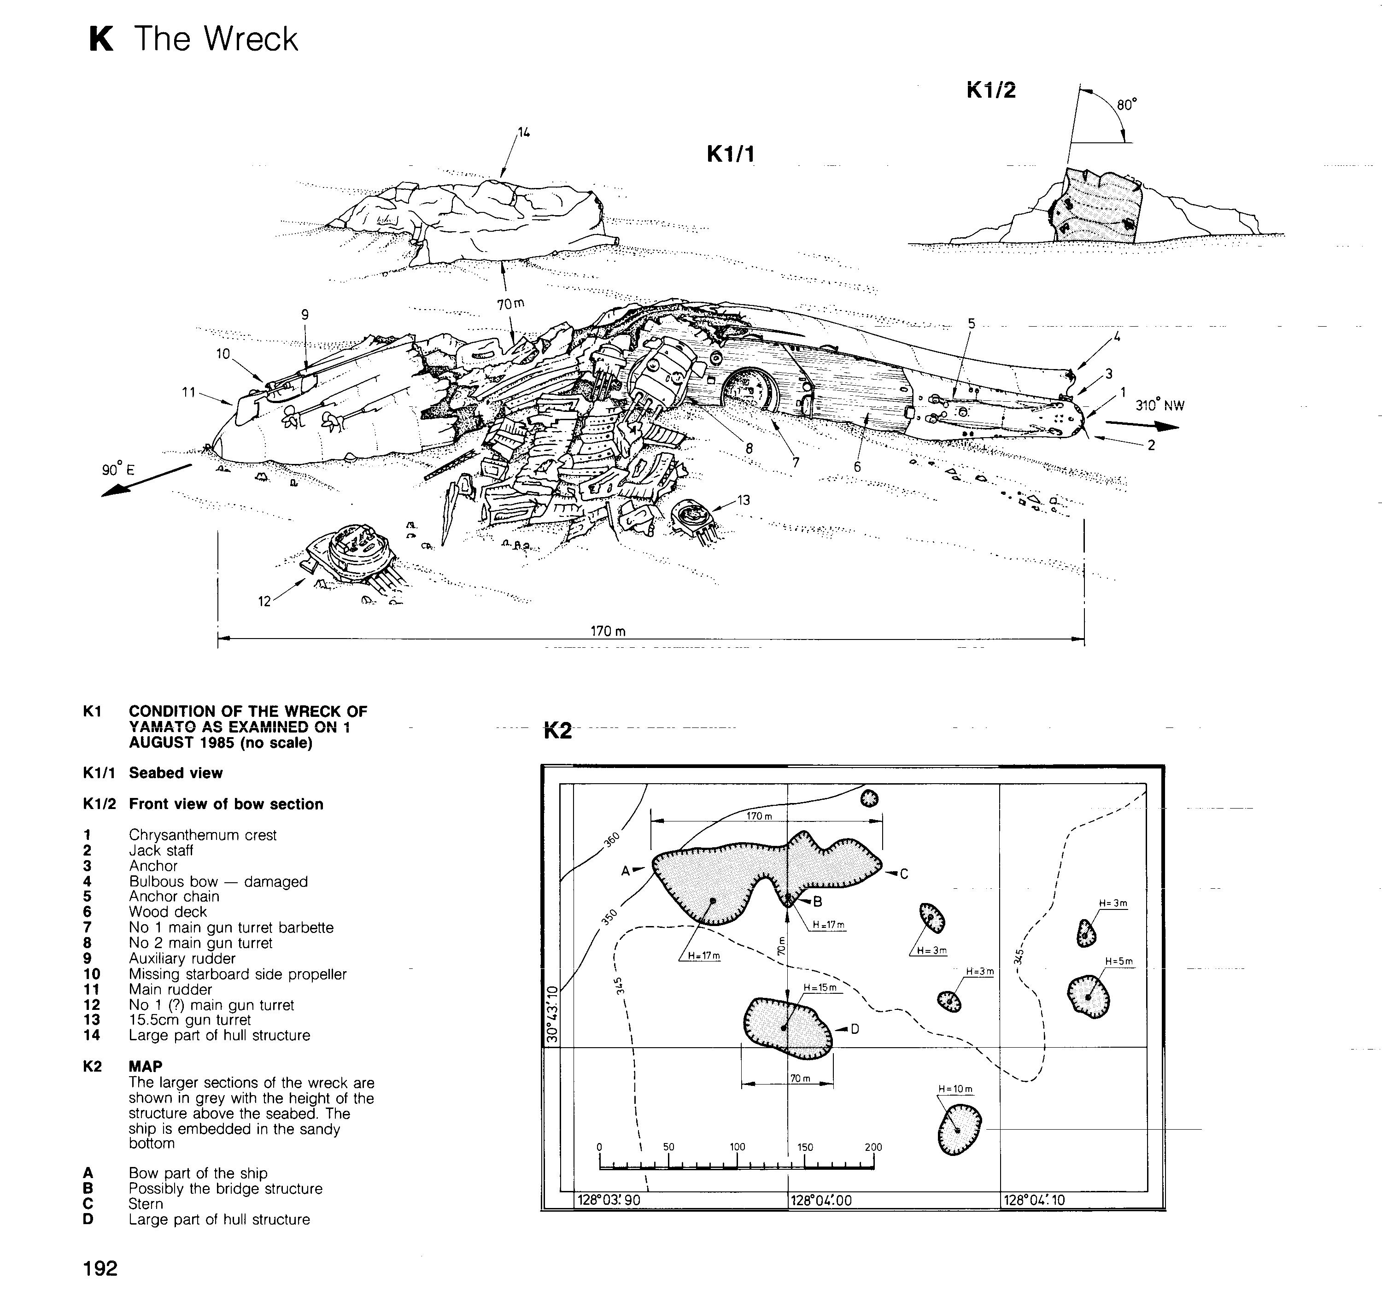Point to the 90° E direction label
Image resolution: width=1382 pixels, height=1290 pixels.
118,469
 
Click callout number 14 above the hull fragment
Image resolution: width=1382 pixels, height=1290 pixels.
523,132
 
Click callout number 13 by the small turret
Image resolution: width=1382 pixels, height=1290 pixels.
743,499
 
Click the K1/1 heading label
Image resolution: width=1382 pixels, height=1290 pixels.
730,154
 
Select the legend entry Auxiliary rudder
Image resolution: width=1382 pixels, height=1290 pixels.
182,958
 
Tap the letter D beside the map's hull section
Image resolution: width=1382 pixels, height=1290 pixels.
855,1028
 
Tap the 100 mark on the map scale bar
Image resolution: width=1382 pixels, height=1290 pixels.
737,1147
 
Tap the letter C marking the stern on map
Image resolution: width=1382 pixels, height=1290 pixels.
904,874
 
